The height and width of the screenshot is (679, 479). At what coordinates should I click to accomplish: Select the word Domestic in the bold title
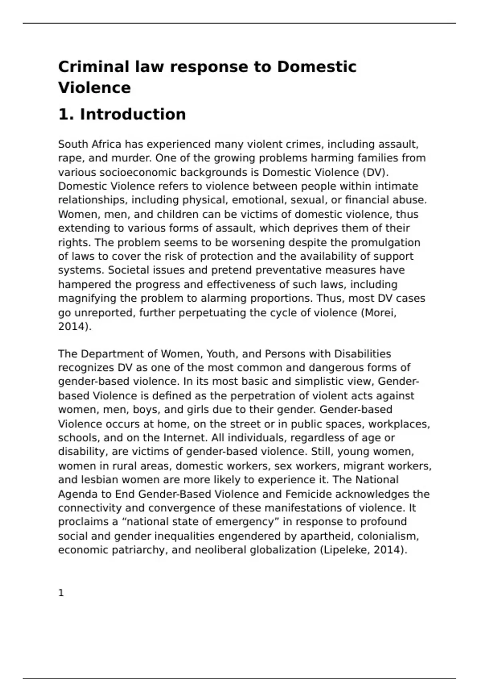click(316, 67)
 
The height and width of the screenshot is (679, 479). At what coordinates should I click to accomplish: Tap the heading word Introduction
click(133, 114)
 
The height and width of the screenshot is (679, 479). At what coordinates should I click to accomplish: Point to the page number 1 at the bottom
click(61, 593)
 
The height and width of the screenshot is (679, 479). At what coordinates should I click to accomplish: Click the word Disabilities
click(362, 354)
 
